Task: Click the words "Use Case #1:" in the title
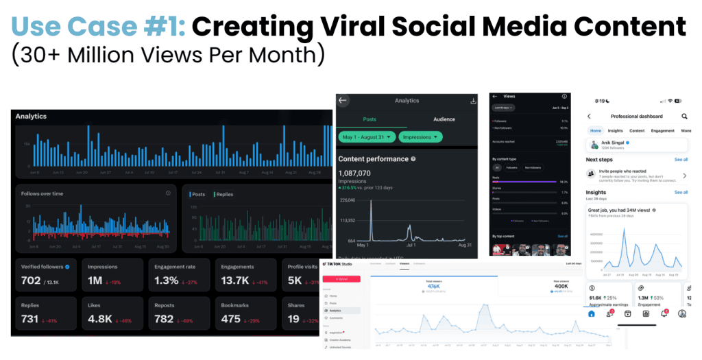tap(98, 26)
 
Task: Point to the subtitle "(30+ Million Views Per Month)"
tap(168, 55)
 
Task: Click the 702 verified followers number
tap(31, 280)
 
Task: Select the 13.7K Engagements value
tap(235, 280)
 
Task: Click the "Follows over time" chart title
tap(42, 193)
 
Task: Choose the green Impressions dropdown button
tap(422, 137)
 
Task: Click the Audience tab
tap(444, 120)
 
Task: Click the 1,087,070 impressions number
tap(354, 173)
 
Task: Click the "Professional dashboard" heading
tap(637, 117)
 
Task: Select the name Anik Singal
tap(616, 143)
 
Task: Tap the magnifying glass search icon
tap(684, 117)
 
